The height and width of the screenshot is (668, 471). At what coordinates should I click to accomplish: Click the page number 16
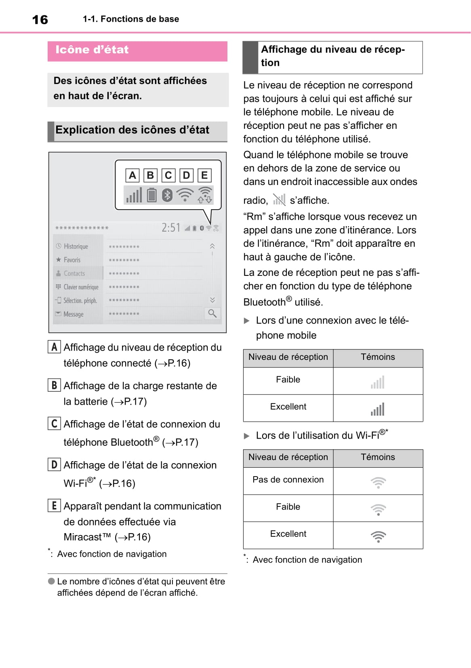(40, 19)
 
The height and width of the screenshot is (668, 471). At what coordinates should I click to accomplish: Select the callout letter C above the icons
(168, 175)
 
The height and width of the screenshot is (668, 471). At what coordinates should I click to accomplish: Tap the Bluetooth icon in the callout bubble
(167, 195)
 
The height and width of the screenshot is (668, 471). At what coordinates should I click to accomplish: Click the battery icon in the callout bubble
(151, 195)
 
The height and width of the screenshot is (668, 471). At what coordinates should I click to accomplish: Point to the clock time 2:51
(171, 228)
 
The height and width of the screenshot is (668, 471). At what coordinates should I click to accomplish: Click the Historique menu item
(75, 246)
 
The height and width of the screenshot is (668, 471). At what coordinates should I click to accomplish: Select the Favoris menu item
(71, 260)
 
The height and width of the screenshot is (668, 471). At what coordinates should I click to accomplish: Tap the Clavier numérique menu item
(80, 287)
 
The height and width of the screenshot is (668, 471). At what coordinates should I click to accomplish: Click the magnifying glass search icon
(212, 313)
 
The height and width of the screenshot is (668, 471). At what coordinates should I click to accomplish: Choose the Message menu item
(73, 314)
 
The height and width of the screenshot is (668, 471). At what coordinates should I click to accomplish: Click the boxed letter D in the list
(54, 464)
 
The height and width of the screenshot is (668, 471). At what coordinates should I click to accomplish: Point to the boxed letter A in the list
(54, 347)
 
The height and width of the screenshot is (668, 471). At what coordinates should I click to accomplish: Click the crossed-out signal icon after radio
(279, 200)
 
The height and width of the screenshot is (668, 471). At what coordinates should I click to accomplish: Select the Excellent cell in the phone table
(288, 407)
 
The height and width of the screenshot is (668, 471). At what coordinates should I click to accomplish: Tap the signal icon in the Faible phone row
(378, 382)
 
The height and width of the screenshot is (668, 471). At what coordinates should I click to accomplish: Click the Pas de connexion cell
(288, 480)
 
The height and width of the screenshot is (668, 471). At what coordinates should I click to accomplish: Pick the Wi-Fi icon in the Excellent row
(378, 537)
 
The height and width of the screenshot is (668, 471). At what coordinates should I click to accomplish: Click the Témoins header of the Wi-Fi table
(378, 457)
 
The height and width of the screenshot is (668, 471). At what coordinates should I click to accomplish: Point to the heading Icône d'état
(92, 50)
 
